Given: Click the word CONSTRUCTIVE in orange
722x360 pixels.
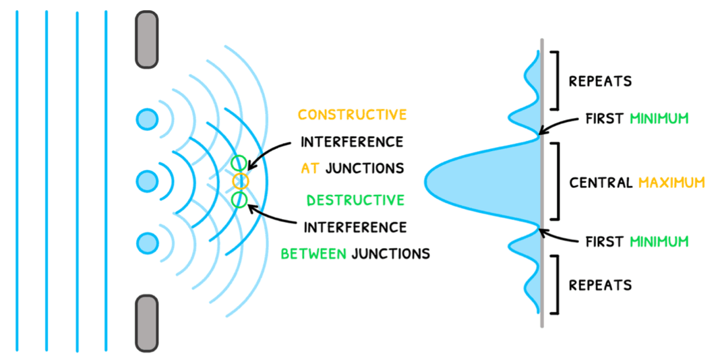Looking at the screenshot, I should (x=352, y=115).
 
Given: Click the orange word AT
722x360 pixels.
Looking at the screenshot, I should (x=310, y=169).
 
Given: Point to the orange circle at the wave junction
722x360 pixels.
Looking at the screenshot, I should (x=240, y=181).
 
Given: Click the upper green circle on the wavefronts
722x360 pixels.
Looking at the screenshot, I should (x=239, y=163).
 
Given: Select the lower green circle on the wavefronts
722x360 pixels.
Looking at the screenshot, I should (x=239, y=200).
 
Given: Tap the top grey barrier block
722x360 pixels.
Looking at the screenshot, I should (x=146, y=40).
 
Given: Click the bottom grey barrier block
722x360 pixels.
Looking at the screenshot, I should (x=146, y=323).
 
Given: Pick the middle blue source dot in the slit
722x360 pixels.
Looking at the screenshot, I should (x=146, y=181).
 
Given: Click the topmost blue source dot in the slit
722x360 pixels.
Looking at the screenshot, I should (x=146, y=120).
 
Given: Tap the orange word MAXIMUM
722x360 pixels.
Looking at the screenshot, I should (x=671, y=182).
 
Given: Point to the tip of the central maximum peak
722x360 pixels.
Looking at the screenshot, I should (x=427, y=181).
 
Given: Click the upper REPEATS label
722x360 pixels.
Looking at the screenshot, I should (x=600, y=82).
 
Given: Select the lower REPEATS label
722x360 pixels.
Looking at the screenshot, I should (x=600, y=284).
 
